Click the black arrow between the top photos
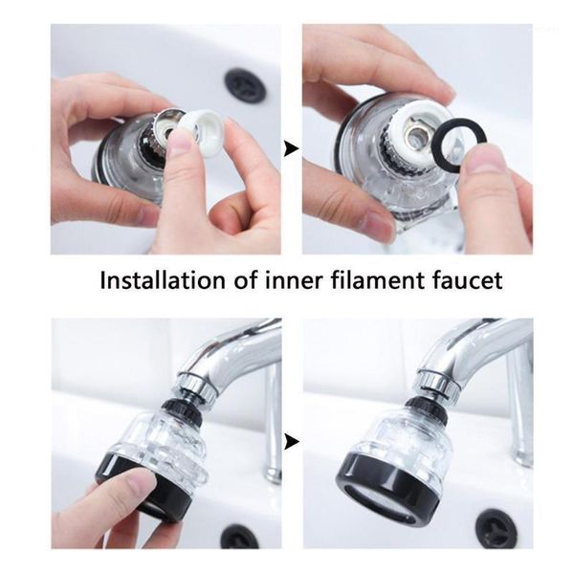(289, 149)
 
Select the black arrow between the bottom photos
(289, 442)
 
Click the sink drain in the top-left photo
(246, 85)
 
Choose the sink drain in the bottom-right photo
(496, 528)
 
